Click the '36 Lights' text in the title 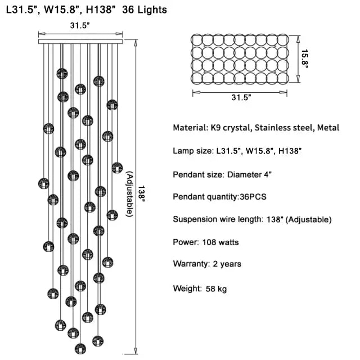coord(143,10)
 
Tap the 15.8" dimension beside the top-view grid coord(304,58)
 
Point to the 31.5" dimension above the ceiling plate coord(80,26)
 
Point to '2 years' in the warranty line coord(227,264)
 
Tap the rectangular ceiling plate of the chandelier coord(82,41)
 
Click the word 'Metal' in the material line coord(328,128)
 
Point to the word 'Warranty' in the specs coord(191,264)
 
